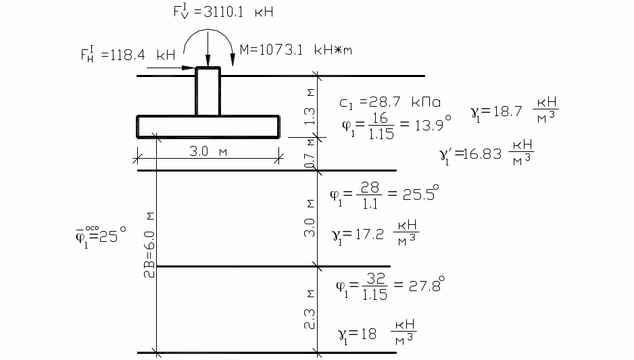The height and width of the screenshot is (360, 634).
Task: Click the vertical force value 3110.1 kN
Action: tap(223, 11)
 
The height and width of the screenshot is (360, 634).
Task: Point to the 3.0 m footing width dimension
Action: tap(208, 151)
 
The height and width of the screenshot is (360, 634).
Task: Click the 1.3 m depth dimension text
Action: tap(310, 107)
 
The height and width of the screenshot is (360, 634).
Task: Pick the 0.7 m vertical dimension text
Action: tap(310, 154)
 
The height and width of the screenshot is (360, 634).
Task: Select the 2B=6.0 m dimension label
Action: tap(149, 245)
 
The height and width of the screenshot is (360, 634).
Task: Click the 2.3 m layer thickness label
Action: tap(310, 309)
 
